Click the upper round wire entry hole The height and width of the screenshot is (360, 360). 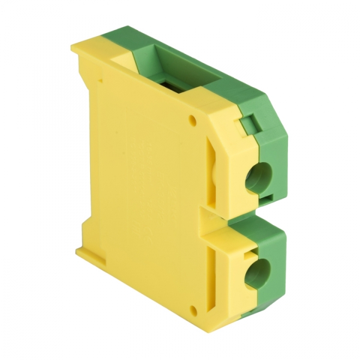[x=261, y=176]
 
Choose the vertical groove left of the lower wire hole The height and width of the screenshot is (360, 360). [x=213, y=273]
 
